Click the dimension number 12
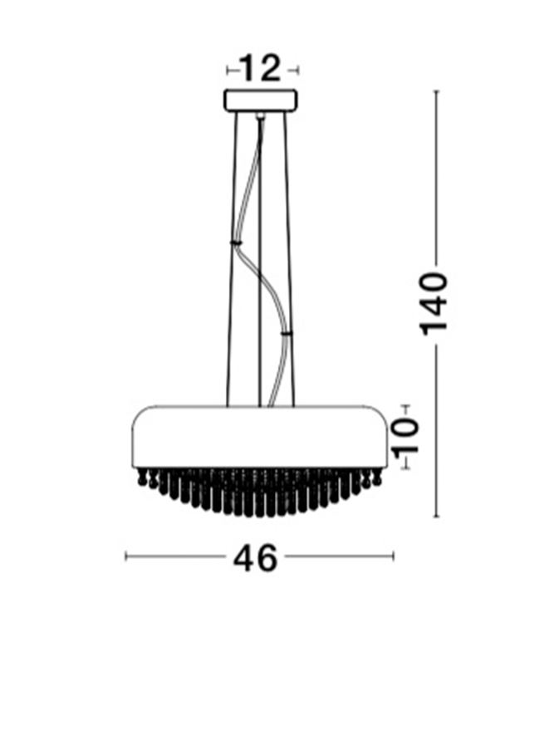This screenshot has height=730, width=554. [x=260, y=69]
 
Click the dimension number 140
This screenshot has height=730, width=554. [x=434, y=304]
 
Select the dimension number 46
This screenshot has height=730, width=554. [x=255, y=558]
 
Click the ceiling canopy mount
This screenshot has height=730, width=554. [x=261, y=100]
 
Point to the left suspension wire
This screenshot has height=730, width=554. [x=233, y=259]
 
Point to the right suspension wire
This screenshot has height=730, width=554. [x=289, y=259]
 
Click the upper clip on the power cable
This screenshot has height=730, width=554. [x=236, y=243]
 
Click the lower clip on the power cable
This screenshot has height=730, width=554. [x=287, y=333]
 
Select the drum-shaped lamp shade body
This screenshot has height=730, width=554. [x=259, y=437]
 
